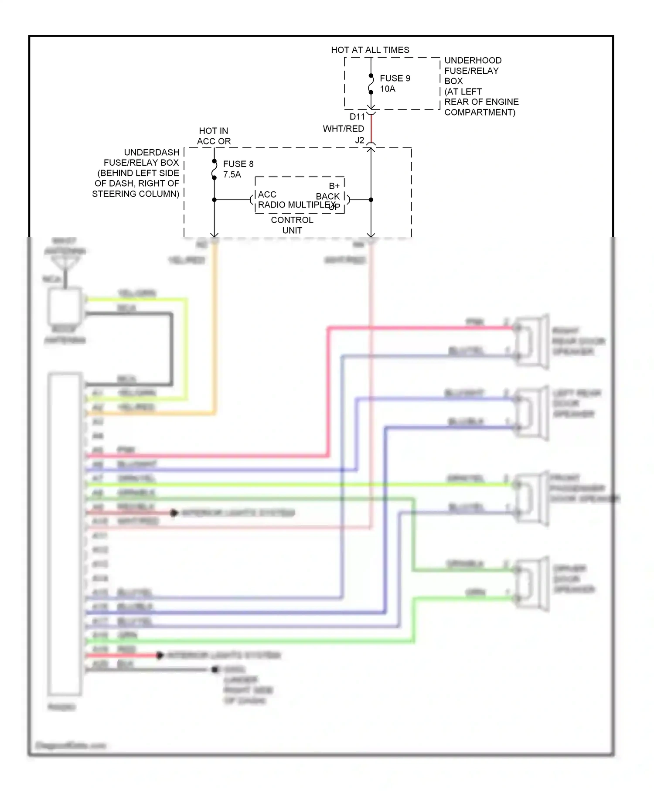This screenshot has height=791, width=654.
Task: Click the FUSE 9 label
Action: pos(395,78)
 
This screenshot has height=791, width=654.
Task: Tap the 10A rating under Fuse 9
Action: pos(388,89)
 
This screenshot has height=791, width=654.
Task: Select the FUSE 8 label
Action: pos(238,164)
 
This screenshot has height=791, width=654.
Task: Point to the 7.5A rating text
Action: pos(232,174)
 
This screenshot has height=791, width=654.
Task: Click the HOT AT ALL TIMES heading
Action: pos(370,50)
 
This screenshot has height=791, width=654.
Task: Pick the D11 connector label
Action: pos(357,117)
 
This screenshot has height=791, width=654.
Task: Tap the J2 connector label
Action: pos(359,140)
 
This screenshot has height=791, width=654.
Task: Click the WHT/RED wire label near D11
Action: pos(343,129)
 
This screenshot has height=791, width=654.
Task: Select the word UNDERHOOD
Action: pos(473,61)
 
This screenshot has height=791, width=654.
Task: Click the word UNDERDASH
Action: pos(152,152)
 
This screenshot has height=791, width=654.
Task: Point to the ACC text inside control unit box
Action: pos(267,194)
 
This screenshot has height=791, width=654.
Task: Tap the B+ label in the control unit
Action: pos(334,186)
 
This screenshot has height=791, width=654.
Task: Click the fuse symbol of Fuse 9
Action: pos(371,84)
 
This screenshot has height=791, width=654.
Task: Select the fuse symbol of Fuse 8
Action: pos(214,170)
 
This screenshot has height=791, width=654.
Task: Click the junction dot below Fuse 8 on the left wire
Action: pos(214,200)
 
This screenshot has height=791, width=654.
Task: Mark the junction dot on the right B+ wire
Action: pos(371,200)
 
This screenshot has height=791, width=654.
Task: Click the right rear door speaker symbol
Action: pos(532,342)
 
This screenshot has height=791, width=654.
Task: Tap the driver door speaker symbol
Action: pos(532,584)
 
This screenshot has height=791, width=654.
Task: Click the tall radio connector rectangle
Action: pos(65,534)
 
